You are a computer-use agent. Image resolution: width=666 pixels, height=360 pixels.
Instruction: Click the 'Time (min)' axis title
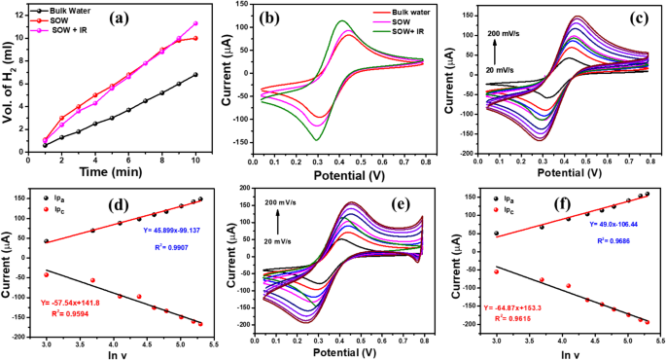120,169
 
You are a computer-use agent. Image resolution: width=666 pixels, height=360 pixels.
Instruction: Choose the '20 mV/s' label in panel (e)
281,235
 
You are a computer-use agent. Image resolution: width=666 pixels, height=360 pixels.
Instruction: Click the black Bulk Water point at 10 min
195,75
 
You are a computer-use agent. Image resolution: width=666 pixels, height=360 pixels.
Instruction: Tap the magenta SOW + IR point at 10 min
195,23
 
